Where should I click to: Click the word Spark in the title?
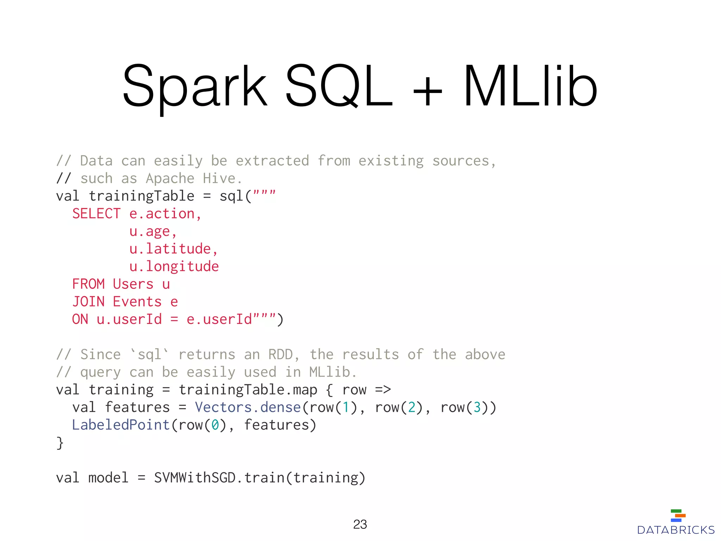[x=195, y=86]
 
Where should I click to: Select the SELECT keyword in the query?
[x=96, y=214]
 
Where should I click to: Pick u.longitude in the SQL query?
[x=174, y=267]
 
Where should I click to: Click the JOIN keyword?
[x=88, y=302]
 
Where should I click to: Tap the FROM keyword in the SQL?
[x=88, y=284]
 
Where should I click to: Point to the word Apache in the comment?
[x=170, y=179]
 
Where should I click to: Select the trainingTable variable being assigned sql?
[x=141, y=196]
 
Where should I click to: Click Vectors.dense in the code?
[x=248, y=408]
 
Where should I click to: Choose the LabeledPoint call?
[x=121, y=425]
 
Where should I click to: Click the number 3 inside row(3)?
[x=477, y=408]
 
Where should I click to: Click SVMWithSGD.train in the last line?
[x=219, y=478]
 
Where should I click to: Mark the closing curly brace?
[x=60, y=443]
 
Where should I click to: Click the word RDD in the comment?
[x=281, y=355]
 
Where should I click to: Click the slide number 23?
[x=360, y=524]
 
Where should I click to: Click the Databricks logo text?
[x=676, y=530]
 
